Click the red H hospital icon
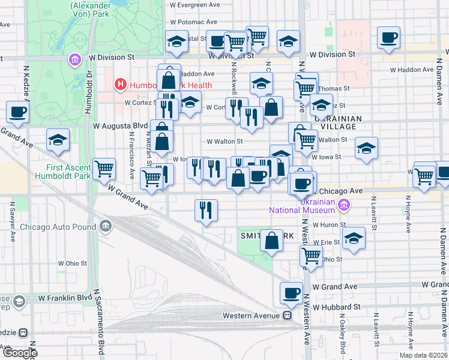121,85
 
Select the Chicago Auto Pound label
58,227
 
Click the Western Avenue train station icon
288,316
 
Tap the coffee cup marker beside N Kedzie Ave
18,112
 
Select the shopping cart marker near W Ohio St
312,254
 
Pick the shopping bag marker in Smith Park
272,240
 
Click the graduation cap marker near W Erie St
354,238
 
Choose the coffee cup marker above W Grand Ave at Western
292,293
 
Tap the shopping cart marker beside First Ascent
104,169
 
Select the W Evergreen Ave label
194,4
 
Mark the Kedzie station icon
23,332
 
